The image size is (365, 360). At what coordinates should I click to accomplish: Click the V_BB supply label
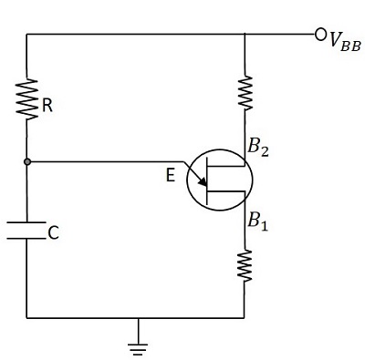[x=346, y=40]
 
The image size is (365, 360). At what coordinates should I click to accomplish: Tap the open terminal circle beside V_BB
[x=320, y=35]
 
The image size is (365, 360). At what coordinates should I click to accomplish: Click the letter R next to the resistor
[x=47, y=106]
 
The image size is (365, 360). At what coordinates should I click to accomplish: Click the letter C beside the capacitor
[x=54, y=233]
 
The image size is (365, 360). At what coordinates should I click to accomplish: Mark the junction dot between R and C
[x=27, y=162]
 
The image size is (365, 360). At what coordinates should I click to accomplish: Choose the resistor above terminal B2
[x=245, y=92]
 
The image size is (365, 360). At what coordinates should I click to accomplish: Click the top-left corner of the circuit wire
[x=27, y=35]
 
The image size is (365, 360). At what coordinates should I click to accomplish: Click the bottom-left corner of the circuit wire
[x=27, y=318]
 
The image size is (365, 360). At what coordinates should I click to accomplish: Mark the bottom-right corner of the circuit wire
[x=245, y=318]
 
